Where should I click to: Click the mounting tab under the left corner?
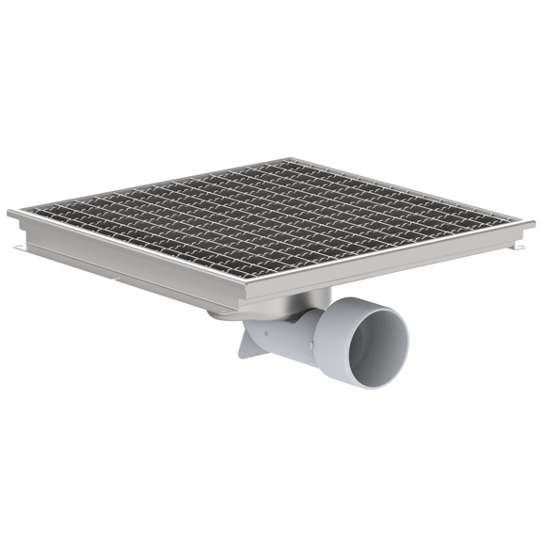pyautogui.click(x=19, y=247)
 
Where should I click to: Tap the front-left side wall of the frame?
pyautogui.click(x=122, y=262)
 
